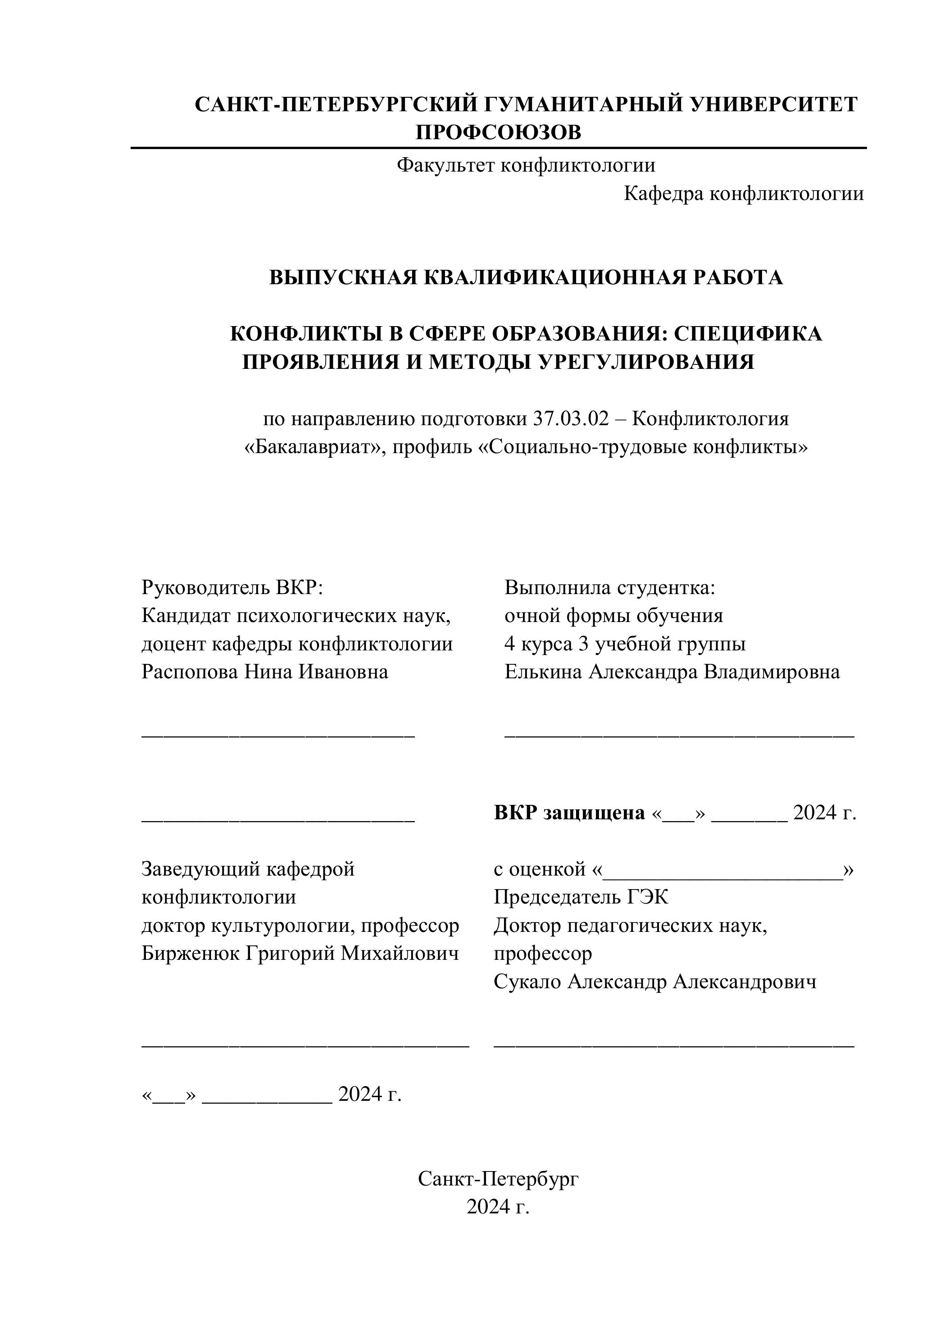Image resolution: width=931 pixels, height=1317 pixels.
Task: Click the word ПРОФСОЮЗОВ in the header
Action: (498, 132)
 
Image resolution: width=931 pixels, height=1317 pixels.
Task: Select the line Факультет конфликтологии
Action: (526, 166)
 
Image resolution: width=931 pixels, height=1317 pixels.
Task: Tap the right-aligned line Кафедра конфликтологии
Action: (744, 194)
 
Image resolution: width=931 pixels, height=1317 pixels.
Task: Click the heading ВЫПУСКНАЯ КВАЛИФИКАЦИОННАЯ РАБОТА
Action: (526, 277)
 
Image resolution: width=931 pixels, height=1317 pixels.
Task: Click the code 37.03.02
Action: (570, 419)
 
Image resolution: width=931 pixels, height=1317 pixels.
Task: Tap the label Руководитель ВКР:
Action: (233, 587)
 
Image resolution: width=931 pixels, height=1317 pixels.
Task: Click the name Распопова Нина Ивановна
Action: (264, 672)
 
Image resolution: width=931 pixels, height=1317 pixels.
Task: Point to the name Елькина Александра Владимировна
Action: (672, 672)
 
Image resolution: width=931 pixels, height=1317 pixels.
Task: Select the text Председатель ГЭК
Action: (581, 897)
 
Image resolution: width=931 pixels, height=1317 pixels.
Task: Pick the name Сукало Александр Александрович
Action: (654, 981)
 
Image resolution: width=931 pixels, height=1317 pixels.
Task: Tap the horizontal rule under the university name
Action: (498, 148)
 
